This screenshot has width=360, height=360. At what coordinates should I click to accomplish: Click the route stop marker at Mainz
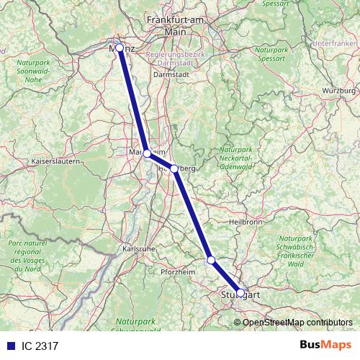tap(120, 48)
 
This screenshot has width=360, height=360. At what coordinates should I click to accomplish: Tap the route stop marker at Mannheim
tap(147, 153)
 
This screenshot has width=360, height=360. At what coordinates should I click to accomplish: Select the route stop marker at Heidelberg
tap(174, 168)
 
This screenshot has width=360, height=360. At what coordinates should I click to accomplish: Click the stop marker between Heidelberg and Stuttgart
tap(211, 260)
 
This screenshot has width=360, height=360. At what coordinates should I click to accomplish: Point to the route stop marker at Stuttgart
tap(240, 293)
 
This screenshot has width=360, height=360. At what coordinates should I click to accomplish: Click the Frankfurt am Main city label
tap(176, 27)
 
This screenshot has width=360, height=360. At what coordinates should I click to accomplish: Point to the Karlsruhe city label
tap(137, 249)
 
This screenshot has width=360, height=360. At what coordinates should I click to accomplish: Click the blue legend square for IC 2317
tap(10, 346)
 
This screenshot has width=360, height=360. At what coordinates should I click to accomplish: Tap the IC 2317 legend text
tap(40, 346)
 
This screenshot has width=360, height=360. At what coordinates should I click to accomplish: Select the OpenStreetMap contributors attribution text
tap(297, 322)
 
